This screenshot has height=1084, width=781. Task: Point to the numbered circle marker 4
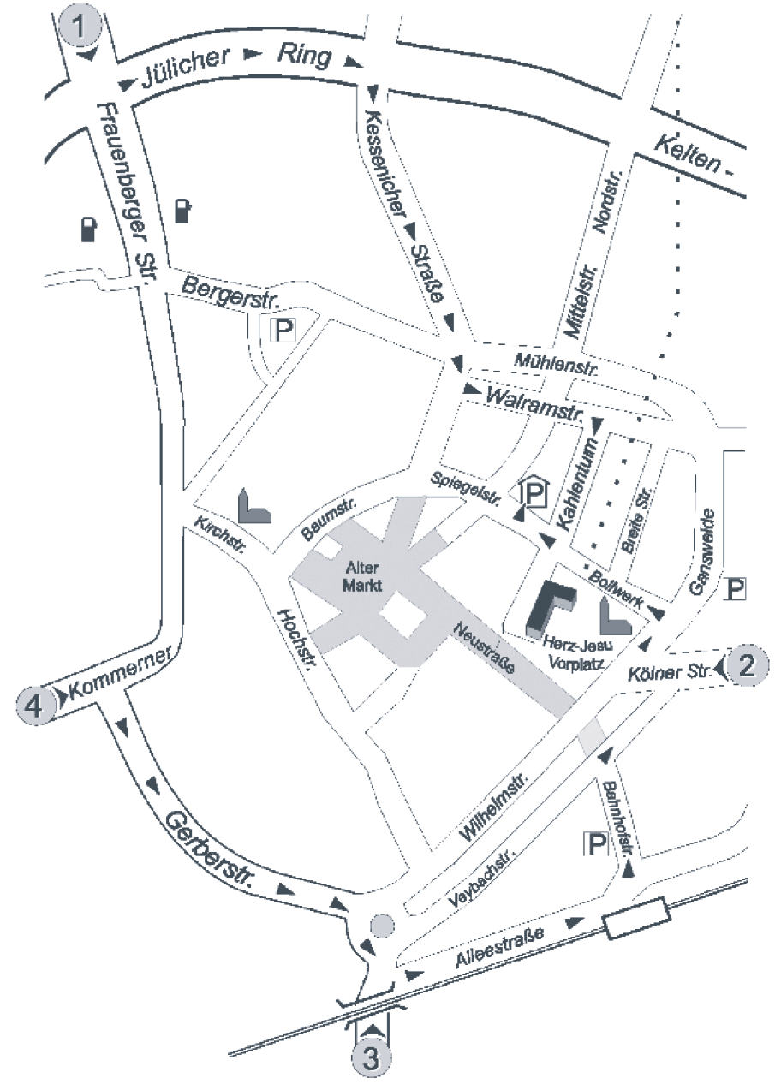[x=34, y=706]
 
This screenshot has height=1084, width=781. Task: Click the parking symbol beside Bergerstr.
[x=283, y=330]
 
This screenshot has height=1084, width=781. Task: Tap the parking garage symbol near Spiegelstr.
[x=535, y=492]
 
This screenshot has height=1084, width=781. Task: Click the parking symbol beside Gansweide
[x=736, y=589]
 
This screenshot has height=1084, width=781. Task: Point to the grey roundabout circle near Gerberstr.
[x=381, y=926]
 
